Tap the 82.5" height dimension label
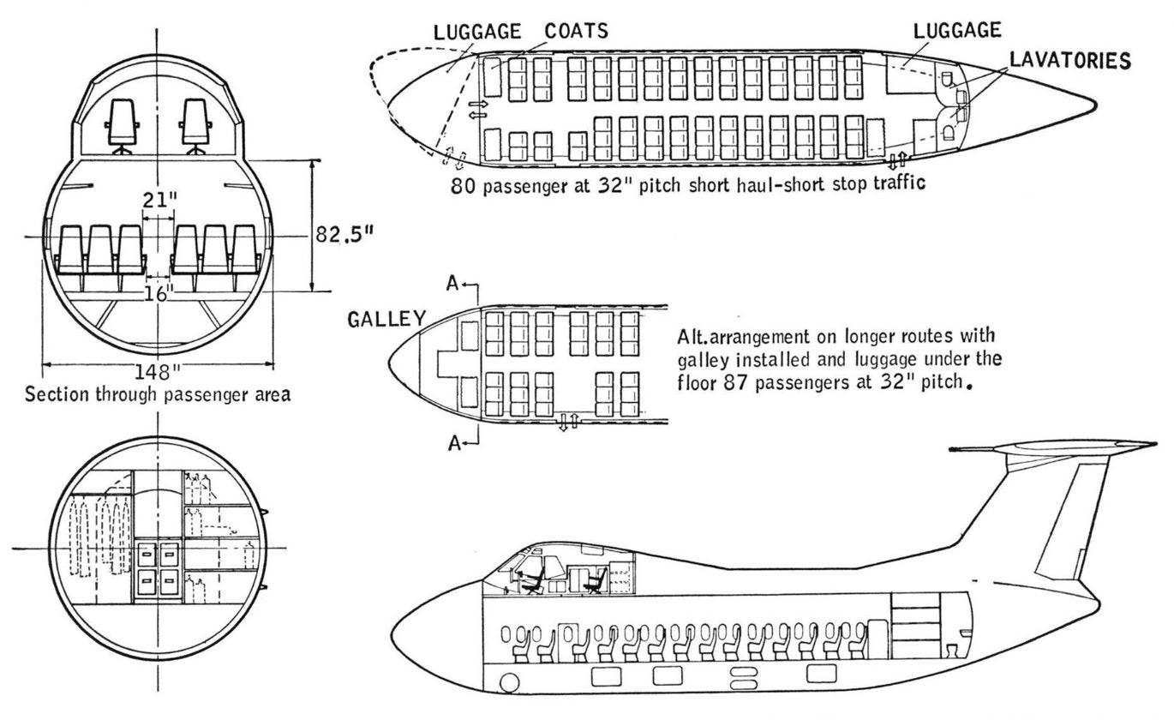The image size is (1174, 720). pos(343,234)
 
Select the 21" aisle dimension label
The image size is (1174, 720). pos(160,199)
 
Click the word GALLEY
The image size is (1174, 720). pos(386,320)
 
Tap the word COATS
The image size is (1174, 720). pos(578,32)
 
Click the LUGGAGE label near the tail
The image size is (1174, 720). pos(958,30)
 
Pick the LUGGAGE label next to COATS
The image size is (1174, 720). pos(477,32)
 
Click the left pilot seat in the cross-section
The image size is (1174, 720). pos(121,124)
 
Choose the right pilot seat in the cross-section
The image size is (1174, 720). pos(195,124)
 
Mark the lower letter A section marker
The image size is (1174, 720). pos(452,442)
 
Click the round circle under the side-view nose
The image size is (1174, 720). pos(510,683)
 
